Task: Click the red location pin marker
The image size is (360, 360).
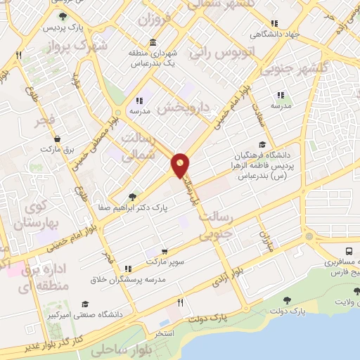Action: click(181, 165)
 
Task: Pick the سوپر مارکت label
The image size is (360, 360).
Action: click(163, 262)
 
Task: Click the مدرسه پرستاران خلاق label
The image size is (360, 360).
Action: click(127, 279)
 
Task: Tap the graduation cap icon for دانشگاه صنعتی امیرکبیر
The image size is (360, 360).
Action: click(85, 304)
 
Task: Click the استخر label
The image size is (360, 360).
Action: click(165, 333)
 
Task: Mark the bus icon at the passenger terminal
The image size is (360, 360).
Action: click(349, 250)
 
